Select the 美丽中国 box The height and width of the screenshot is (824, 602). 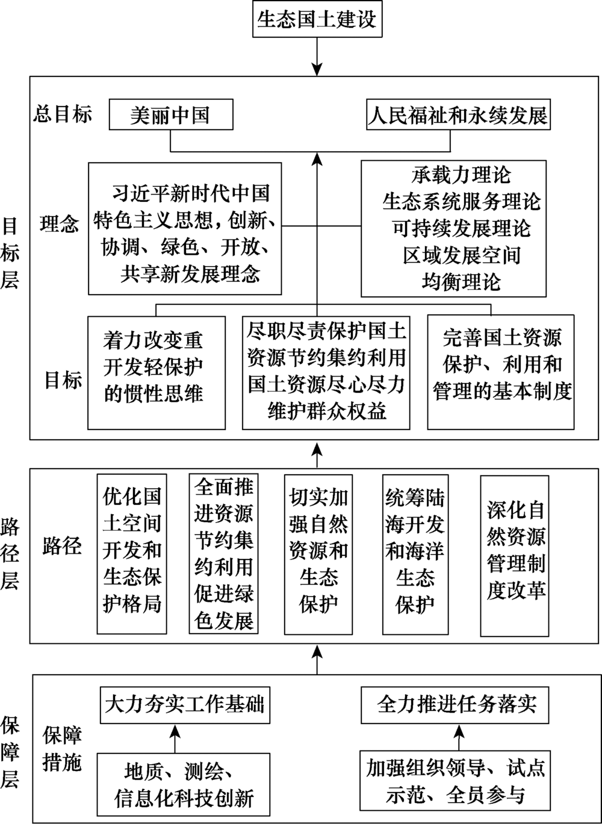pos(171,114)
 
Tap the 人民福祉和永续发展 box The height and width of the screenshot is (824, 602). pos(458,114)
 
